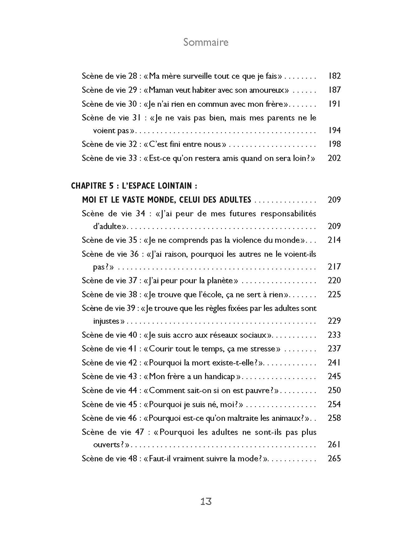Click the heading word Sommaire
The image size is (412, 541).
click(206, 42)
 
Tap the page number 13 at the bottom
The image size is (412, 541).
click(206, 501)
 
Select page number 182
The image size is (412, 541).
click(334, 76)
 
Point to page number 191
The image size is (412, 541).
click(334, 104)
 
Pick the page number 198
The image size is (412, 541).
click(334, 144)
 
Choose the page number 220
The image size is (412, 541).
click(334, 280)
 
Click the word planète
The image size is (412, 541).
click(218, 280)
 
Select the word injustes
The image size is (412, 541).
click(107, 321)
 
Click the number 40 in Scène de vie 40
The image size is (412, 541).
click(132, 335)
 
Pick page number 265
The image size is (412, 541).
click(334, 459)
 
